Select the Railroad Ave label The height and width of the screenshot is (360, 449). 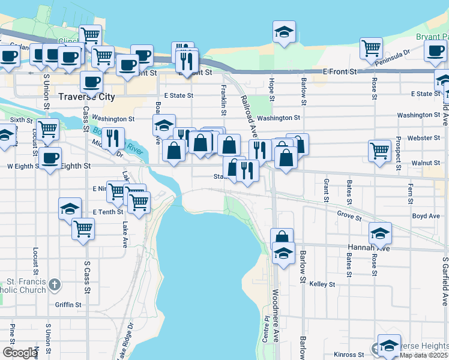tap(250, 118)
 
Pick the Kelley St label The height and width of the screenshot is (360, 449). tap(322, 284)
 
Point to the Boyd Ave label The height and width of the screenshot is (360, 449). tap(426, 216)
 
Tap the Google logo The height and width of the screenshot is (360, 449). tap(20, 353)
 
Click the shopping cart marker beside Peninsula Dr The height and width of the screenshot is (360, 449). tap(372, 49)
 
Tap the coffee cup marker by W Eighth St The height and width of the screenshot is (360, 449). tap(50, 159)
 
